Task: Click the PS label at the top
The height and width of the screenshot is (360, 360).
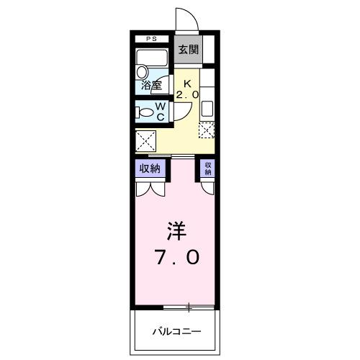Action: point(151,39)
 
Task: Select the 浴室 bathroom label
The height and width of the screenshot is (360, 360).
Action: point(150,85)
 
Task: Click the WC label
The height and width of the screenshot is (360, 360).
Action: point(161,110)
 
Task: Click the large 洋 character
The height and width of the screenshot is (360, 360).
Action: point(176,230)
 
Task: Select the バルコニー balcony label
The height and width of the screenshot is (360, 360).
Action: point(176,332)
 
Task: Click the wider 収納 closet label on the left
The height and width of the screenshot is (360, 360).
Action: point(149,169)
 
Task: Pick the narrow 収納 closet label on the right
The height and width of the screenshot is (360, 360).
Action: point(207,169)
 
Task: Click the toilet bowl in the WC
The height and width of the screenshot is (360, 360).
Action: point(145,112)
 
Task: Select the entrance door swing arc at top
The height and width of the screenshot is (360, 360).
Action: point(185,18)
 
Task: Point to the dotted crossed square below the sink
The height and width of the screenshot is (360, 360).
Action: point(207,130)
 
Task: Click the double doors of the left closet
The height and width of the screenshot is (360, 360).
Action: point(150,189)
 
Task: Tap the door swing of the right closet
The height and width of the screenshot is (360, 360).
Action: point(207,187)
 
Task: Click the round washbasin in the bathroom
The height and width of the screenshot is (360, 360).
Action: point(142,72)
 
